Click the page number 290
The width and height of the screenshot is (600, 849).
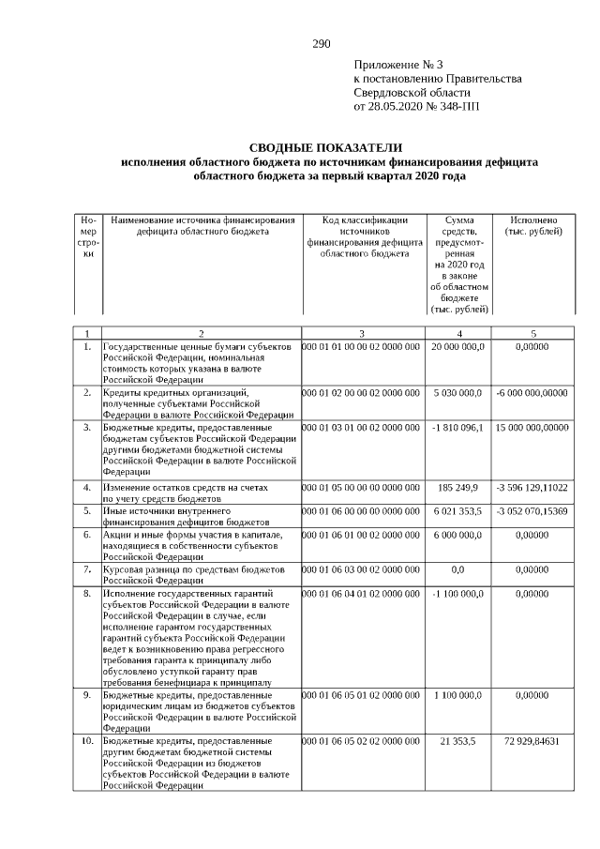[321, 43]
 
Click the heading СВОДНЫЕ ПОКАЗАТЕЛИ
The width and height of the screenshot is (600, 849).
[325, 148]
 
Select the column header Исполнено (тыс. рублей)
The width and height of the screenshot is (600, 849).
[532, 225]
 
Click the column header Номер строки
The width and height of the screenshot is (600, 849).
[88, 236]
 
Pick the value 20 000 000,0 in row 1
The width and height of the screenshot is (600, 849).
[457, 347]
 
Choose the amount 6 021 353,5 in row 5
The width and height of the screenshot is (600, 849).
[457, 510]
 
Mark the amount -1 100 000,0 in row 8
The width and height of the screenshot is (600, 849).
[457, 594]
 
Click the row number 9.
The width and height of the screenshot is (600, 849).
[86, 695]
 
